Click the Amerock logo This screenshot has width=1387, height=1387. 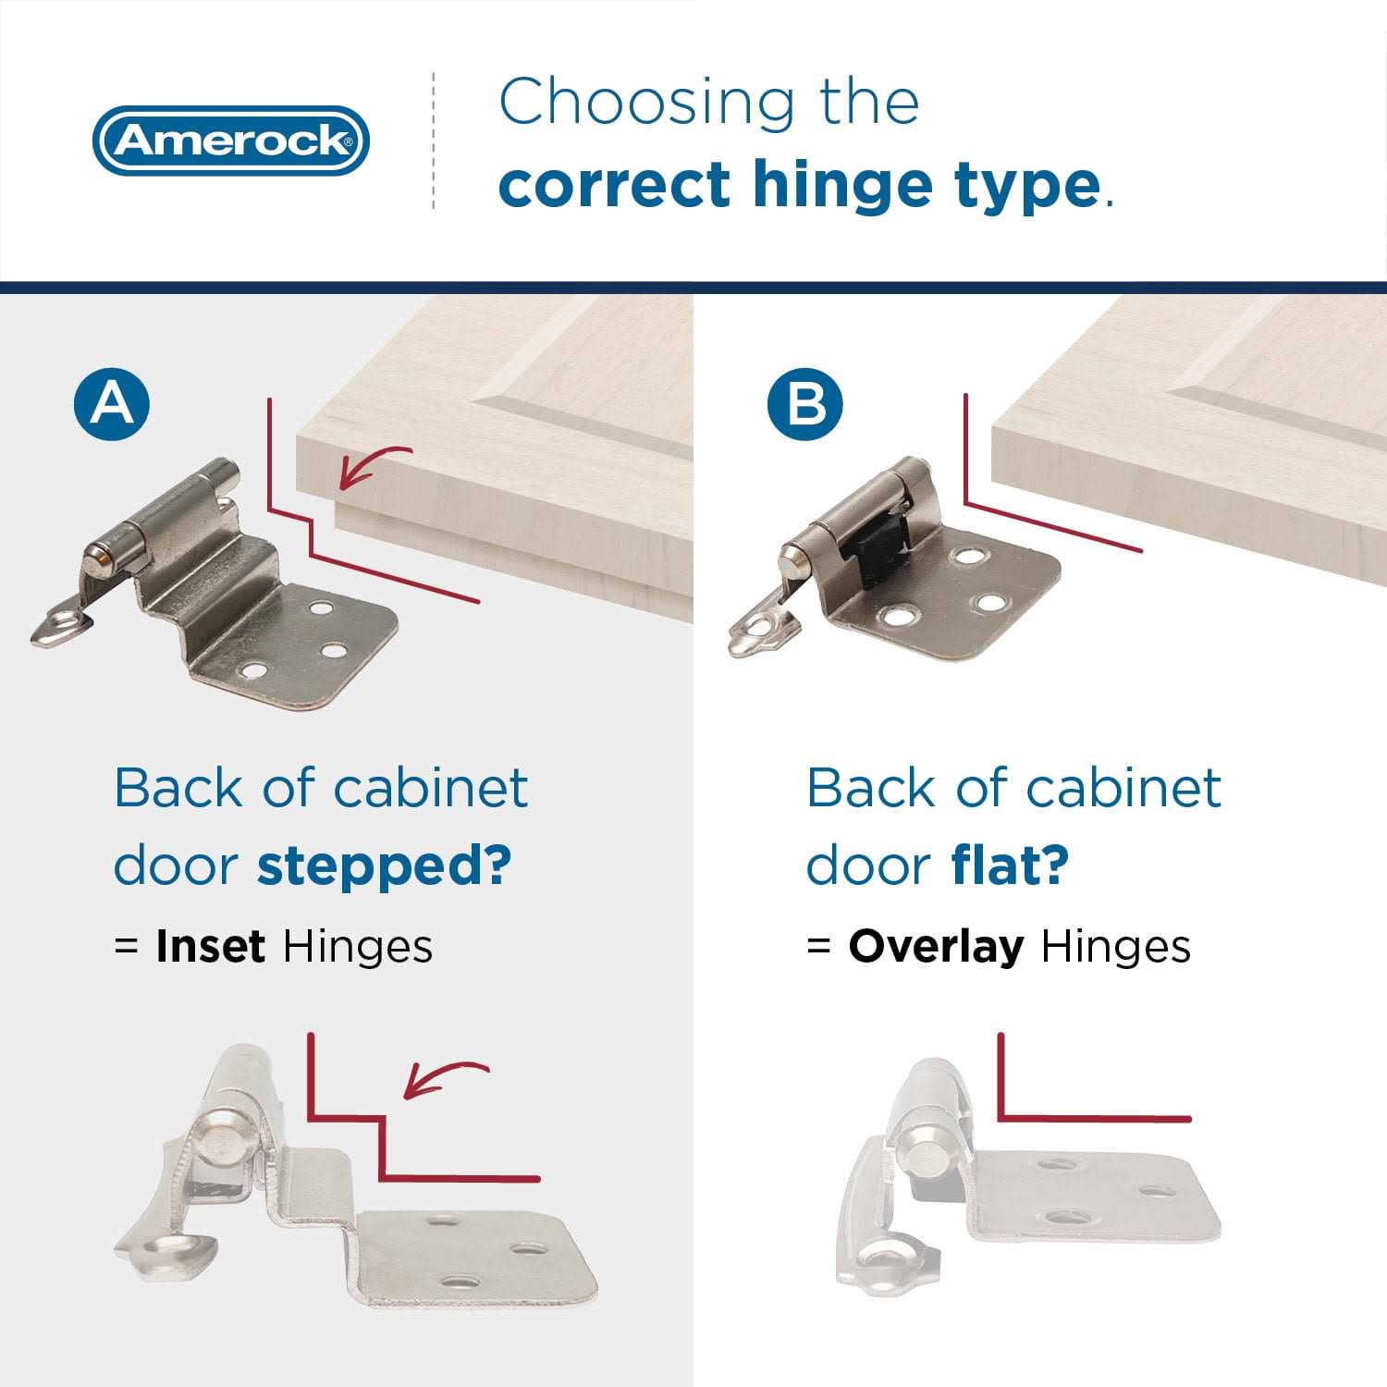(230, 141)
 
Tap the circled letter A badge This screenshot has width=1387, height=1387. (113, 403)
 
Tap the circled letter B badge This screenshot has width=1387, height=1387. (805, 403)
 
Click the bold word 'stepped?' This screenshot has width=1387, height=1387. (384, 866)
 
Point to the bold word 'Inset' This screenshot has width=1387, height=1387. (211, 946)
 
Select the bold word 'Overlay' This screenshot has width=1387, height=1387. (936, 946)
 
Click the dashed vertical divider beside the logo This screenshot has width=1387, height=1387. (434, 141)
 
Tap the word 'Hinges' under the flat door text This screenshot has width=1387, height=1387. (1115, 946)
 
